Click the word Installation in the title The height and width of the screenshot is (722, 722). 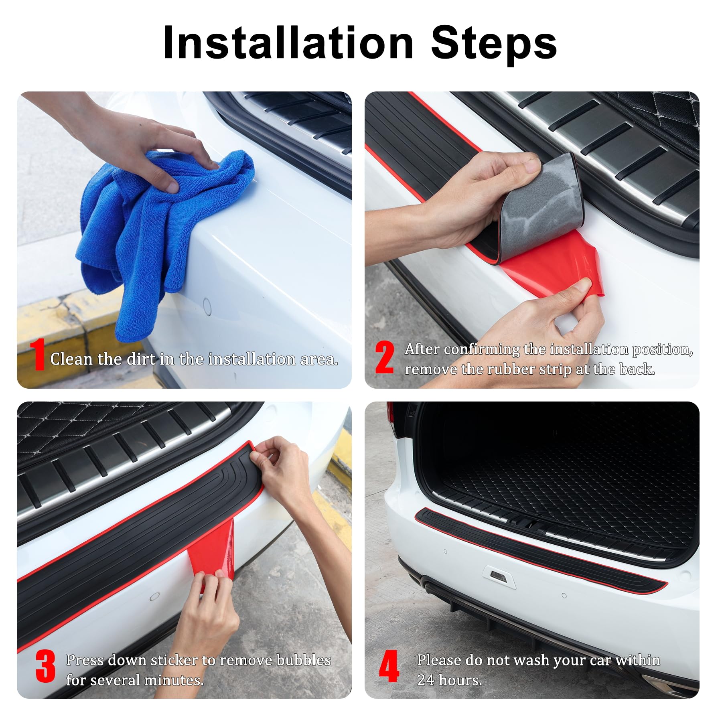288,43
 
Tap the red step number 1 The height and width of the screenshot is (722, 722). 39,355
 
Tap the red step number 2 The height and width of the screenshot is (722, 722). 384,357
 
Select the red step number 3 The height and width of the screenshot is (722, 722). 45,666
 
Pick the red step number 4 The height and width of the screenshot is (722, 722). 389,666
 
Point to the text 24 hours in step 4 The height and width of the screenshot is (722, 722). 449,680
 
